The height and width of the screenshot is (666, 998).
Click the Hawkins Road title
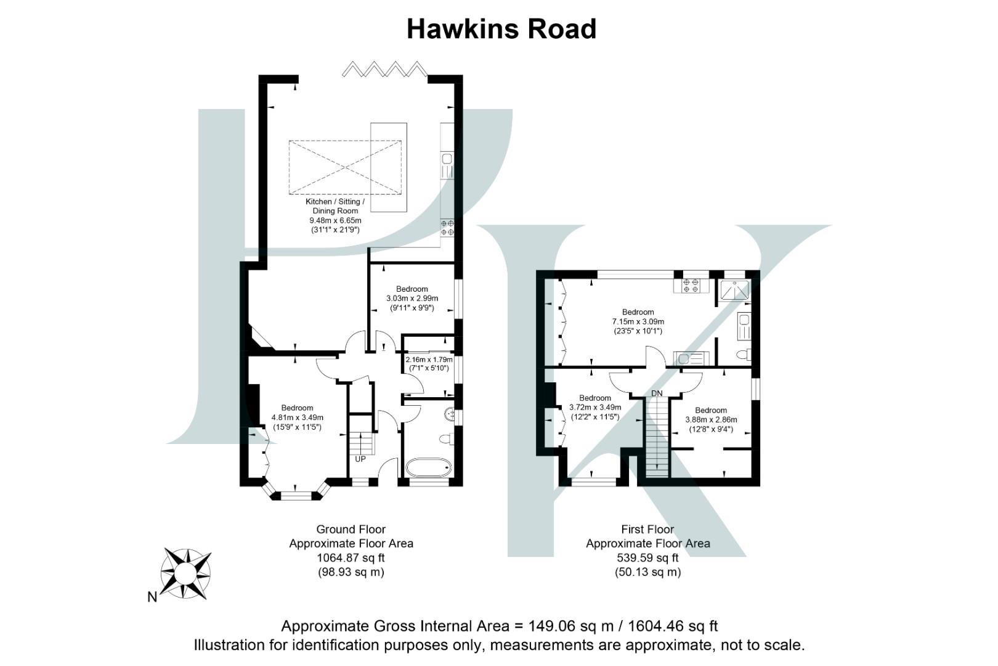pos(501,29)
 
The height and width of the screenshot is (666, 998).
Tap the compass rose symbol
pos(185,573)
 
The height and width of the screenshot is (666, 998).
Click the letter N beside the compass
pos(152,597)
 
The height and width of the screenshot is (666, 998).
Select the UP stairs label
pos(360,459)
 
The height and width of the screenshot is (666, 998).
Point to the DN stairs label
pos(657,393)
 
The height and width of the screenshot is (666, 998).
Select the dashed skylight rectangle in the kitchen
pos(345,167)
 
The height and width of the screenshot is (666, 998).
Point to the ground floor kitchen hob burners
pos(447,228)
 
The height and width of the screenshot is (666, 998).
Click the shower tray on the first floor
pos(734,290)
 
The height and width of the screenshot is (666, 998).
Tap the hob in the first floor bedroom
pos(691,286)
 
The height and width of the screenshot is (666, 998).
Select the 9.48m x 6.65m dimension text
pos(335,220)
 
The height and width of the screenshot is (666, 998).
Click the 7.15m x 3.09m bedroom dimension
pos(638,322)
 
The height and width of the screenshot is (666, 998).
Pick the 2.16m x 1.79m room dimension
pos(429,360)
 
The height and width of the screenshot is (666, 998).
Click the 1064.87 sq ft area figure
pos(351,558)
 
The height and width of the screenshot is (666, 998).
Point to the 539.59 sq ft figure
pos(647,558)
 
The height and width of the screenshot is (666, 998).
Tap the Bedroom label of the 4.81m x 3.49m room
pos(297,408)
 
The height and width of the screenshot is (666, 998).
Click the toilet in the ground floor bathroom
pos(446,439)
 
